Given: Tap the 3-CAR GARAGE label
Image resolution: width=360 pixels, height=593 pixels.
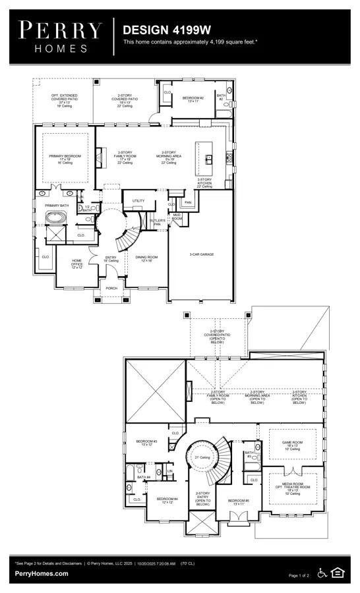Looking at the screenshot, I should pos(201,254).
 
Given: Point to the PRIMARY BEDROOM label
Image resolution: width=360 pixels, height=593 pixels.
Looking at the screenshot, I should pos(65,156).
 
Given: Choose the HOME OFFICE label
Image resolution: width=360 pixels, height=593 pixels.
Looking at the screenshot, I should pos(77,262).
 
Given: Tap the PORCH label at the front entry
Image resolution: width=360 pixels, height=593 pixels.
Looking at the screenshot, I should pos(112,287).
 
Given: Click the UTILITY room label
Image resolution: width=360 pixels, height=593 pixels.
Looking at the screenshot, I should pos(138,200).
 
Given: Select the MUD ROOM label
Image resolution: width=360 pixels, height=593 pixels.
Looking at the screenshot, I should pos(177,216).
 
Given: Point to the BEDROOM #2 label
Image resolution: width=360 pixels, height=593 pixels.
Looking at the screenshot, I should pos(193,98).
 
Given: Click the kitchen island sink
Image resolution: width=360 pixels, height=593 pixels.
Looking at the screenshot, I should pos(208,158).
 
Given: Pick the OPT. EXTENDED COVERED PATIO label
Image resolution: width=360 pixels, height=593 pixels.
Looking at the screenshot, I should pos(65,98).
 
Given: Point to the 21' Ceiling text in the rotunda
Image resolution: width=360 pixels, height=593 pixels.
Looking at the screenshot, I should pos(202,457).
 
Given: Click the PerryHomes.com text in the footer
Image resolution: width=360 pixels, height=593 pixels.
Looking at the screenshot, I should pos(41,573).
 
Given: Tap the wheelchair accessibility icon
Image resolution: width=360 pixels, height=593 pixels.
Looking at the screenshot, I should pos(322,573).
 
